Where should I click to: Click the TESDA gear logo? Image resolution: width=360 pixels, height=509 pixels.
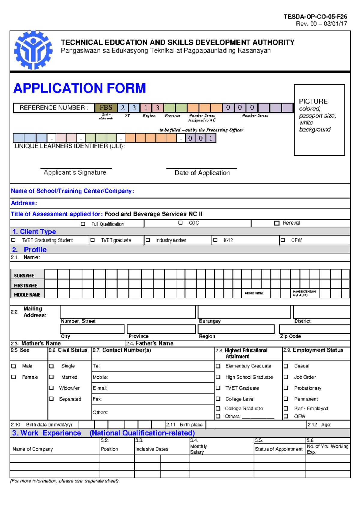33,50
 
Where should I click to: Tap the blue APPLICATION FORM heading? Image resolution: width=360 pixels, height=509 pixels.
79,88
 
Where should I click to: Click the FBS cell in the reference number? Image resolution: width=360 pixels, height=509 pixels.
106,108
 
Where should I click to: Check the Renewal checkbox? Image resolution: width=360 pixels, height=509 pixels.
277,223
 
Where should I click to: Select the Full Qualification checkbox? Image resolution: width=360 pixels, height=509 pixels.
83,224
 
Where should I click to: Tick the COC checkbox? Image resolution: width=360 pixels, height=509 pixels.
180,223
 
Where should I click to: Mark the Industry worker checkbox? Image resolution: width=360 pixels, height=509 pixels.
148,240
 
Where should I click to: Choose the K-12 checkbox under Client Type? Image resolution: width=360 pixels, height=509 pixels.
215,240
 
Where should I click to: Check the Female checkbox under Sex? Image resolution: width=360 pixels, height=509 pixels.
13,377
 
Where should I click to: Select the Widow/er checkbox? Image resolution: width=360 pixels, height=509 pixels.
52,388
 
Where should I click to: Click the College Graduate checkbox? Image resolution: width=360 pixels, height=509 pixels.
218,408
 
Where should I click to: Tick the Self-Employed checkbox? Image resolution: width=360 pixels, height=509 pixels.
286,408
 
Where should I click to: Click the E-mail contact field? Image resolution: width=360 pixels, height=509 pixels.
153,388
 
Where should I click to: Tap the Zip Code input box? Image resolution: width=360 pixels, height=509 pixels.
314,329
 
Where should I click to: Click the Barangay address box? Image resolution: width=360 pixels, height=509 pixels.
244,312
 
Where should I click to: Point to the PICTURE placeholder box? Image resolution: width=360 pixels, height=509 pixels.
319,120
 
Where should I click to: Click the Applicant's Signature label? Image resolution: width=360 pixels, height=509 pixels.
75,173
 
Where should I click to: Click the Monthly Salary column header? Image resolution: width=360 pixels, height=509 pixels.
198,449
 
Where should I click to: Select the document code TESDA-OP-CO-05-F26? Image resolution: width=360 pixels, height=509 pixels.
315,17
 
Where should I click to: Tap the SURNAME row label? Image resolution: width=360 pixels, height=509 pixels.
24,276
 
